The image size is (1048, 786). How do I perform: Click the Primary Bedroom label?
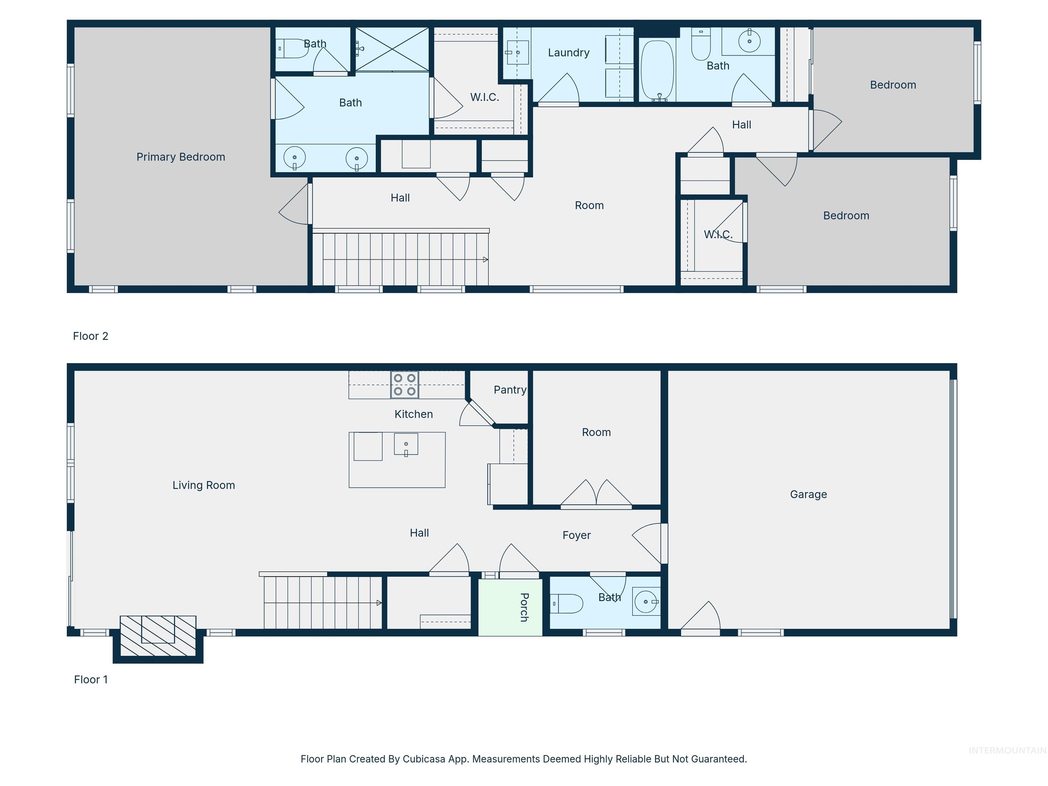[x=180, y=157]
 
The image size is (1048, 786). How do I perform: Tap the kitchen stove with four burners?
[x=405, y=384]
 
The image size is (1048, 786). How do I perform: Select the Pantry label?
[x=510, y=390]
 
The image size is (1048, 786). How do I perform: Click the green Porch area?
[x=510, y=607]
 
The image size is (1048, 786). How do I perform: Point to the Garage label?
[x=808, y=494]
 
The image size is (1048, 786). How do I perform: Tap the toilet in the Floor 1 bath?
[x=568, y=603]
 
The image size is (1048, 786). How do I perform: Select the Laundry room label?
[x=569, y=53]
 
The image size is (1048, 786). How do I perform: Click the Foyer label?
[x=576, y=535]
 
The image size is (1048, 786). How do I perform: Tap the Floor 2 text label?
[x=90, y=336]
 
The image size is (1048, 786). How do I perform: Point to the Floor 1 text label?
[x=90, y=680]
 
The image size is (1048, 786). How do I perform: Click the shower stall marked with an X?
[x=392, y=49]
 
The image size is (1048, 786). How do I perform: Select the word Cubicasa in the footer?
[x=423, y=759]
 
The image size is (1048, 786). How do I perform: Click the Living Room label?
[x=203, y=485]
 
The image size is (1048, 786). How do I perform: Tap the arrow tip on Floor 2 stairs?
[x=486, y=260]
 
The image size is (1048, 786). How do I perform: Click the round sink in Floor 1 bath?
[x=646, y=602]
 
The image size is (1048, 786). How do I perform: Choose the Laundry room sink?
[x=516, y=52]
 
